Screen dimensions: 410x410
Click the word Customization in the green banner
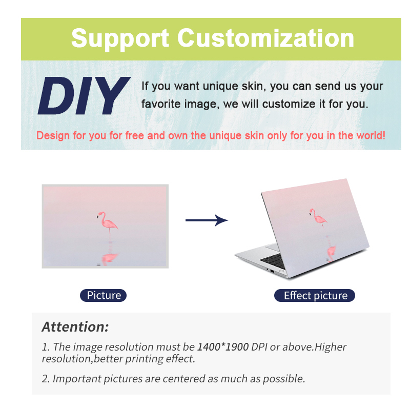click(x=265, y=38)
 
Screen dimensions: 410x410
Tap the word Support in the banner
click(x=120, y=39)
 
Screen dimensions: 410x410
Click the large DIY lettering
click(x=84, y=96)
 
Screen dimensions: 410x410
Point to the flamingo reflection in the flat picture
click(x=110, y=257)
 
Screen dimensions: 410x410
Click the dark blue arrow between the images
click(x=207, y=220)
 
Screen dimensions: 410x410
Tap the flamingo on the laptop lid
click(x=318, y=217)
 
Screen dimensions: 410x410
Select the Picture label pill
click(x=104, y=296)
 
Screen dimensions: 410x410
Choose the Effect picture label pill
click(x=315, y=296)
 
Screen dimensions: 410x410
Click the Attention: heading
click(x=75, y=327)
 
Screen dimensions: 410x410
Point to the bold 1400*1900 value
click(x=223, y=347)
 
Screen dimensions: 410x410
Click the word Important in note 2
click(x=76, y=379)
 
